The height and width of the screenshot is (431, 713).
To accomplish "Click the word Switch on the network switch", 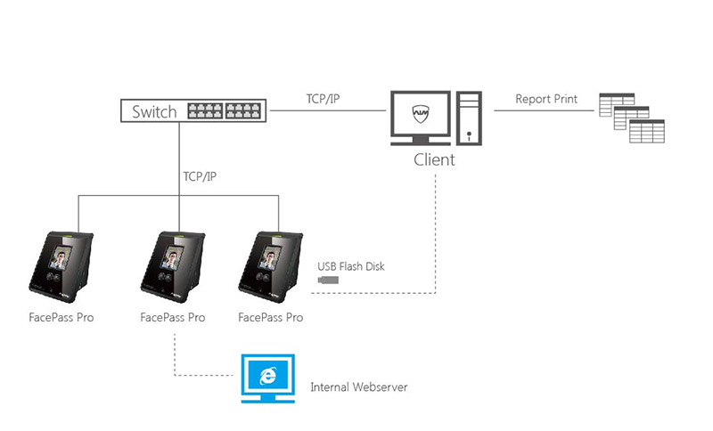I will click(x=154, y=112).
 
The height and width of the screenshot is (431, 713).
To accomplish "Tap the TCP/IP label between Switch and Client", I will click(x=322, y=98).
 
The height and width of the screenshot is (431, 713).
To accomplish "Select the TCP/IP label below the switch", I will click(x=200, y=176).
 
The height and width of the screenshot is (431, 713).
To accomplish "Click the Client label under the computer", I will click(x=434, y=160).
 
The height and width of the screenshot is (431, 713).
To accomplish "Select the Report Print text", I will click(x=546, y=99).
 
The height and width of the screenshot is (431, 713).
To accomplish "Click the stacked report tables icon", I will click(x=635, y=117).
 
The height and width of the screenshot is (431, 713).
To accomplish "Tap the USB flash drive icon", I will click(x=328, y=281).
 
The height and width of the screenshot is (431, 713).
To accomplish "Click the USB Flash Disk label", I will click(x=352, y=265).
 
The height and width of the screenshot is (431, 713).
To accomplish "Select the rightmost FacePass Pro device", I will click(x=270, y=265).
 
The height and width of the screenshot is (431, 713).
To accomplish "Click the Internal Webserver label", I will click(x=359, y=387).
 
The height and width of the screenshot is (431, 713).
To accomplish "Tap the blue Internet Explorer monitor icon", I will click(x=266, y=378).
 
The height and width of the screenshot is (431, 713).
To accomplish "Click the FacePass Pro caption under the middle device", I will click(x=173, y=317).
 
